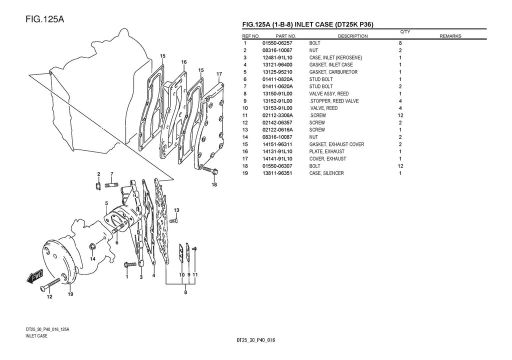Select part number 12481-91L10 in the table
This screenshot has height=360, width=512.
click(277, 57)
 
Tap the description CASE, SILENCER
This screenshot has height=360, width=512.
click(326, 173)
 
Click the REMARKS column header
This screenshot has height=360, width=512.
click(450, 36)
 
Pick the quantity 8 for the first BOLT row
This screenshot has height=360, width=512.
click(400, 43)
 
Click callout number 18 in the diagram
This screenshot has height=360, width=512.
click(214, 184)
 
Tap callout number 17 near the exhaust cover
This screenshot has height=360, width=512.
click(219, 74)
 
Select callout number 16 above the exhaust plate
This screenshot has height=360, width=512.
click(184, 62)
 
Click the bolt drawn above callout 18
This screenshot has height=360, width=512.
click(209, 170)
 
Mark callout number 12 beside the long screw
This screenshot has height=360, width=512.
click(49, 297)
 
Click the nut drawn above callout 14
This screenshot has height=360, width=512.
click(93, 247)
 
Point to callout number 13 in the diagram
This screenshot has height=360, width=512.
click(176, 209)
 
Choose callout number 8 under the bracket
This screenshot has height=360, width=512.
click(185, 292)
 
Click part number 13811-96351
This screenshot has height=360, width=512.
click(277, 173)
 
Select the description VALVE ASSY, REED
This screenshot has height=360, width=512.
click(329, 93)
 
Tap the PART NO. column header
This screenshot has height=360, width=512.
click(285, 36)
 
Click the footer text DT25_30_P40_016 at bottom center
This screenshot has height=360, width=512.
click(256, 340)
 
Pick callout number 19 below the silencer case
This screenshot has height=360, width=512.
click(70, 294)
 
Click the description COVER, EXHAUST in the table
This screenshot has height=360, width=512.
click(327, 159)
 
